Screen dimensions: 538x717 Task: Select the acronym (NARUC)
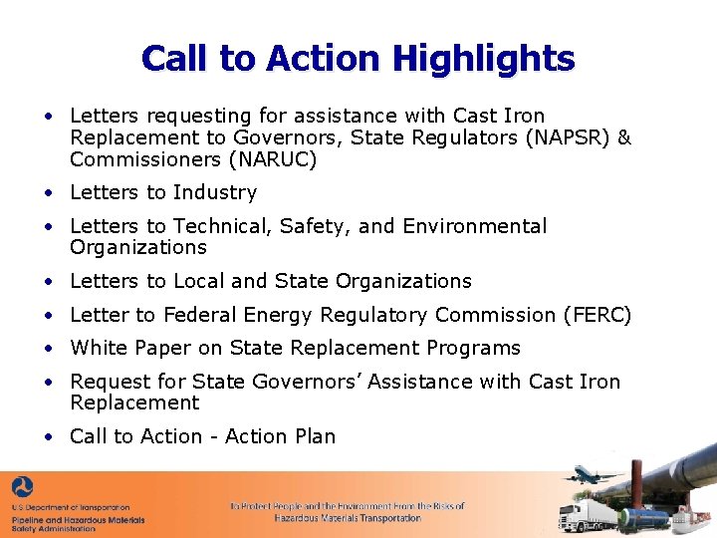(273, 159)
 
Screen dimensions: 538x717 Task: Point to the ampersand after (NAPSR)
(624, 137)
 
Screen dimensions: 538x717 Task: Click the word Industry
(214, 192)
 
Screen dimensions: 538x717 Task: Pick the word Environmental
(475, 226)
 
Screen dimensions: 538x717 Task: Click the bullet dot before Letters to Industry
(48, 193)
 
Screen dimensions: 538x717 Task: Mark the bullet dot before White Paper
(48, 349)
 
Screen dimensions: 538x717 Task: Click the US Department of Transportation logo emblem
(23, 488)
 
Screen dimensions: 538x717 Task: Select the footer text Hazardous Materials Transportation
(348, 518)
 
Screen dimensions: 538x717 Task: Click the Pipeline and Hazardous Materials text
(78, 519)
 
